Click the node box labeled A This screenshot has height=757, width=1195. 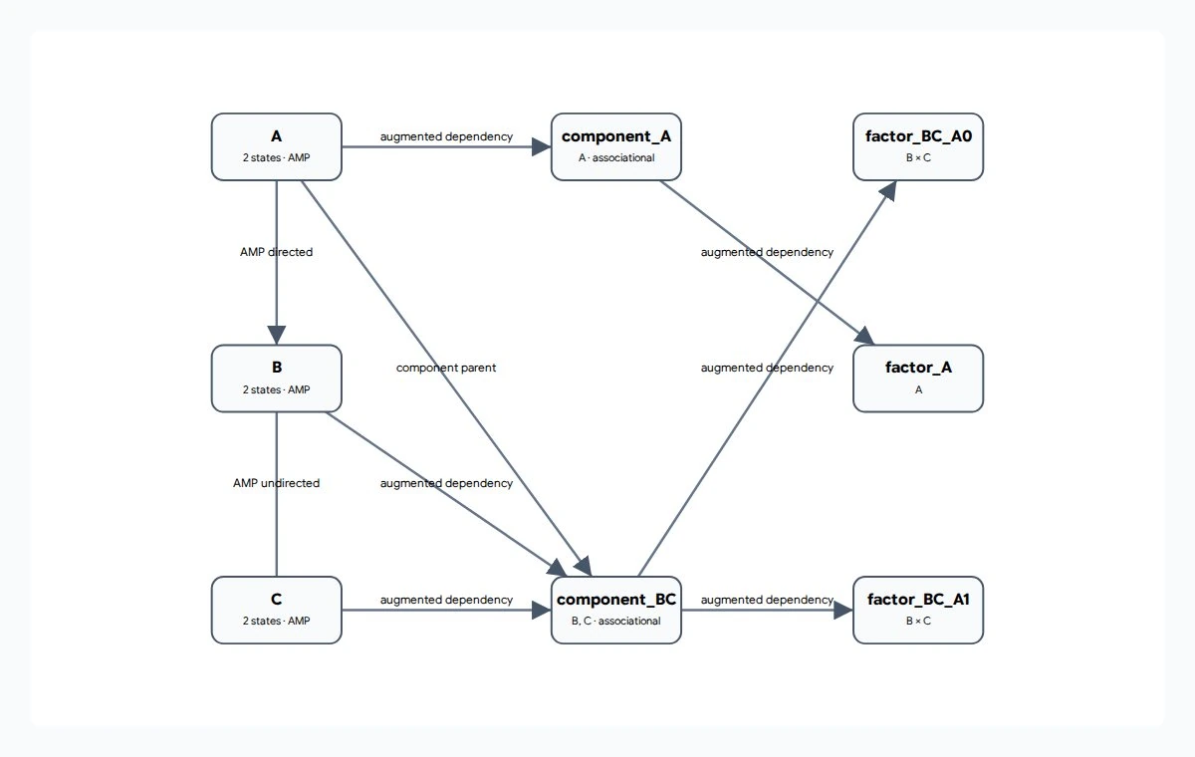coord(277,146)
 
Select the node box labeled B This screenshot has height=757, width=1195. coord(277,378)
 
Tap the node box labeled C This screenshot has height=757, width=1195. coord(277,610)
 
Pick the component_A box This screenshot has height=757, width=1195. coord(616,146)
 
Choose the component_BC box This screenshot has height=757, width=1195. coord(616,610)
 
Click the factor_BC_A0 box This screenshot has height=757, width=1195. coord(918,146)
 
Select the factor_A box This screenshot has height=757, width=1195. coord(918,378)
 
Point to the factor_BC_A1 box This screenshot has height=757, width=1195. coord(918,610)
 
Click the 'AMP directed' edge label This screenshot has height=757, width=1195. coord(277,252)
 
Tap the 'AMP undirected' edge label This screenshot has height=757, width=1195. coord(277,483)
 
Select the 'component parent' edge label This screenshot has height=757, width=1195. coord(446,368)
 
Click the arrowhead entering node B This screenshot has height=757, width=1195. coord(277,335)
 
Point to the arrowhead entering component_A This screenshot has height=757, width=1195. coord(542,146)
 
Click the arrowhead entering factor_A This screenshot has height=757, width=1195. coord(864,336)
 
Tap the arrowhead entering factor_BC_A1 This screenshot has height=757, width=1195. coord(843,610)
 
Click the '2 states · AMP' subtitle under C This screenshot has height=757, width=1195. coord(277,621)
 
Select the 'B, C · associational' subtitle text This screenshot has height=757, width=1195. coord(616,621)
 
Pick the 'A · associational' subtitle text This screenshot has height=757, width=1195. coord(616,157)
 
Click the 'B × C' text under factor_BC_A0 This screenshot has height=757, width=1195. coord(918,157)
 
